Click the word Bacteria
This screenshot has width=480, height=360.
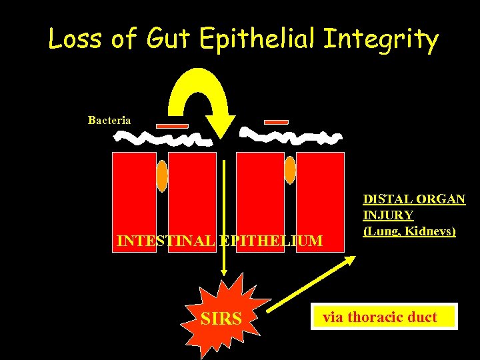pyautogui.click(x=109, y=121)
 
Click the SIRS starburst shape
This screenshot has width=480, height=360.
pyautogui.click(x=221, y=319)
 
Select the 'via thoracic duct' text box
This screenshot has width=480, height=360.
pyautogui.click(x=380, y=317)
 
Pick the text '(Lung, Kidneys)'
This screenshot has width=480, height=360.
pyautogui.click(x=409, y=231)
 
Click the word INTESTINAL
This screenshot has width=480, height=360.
pyautogui.click(x=164, y=241)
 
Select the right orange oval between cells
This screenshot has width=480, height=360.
pyautogui.click(x=289, y=170)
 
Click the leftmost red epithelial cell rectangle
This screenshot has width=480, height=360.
pyautogui.click(x=134, y=193)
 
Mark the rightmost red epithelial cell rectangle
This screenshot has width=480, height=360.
pyautogui.click(x=320, y=193)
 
